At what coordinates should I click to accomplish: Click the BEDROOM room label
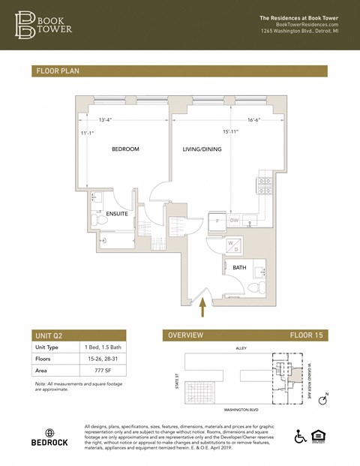(125, 149)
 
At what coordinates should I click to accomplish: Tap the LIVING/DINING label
(203, 149)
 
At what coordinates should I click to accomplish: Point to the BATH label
(239, 267)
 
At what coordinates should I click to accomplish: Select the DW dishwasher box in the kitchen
(235, 221)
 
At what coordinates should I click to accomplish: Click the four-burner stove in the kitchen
(265, 182)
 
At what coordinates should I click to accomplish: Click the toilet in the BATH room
(253, 287)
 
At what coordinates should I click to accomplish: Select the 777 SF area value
(93, 371)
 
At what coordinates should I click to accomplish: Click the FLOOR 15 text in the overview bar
(306, 335)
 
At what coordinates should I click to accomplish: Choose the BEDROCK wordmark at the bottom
(49, 442)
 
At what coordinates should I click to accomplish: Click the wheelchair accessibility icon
(300, 437)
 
